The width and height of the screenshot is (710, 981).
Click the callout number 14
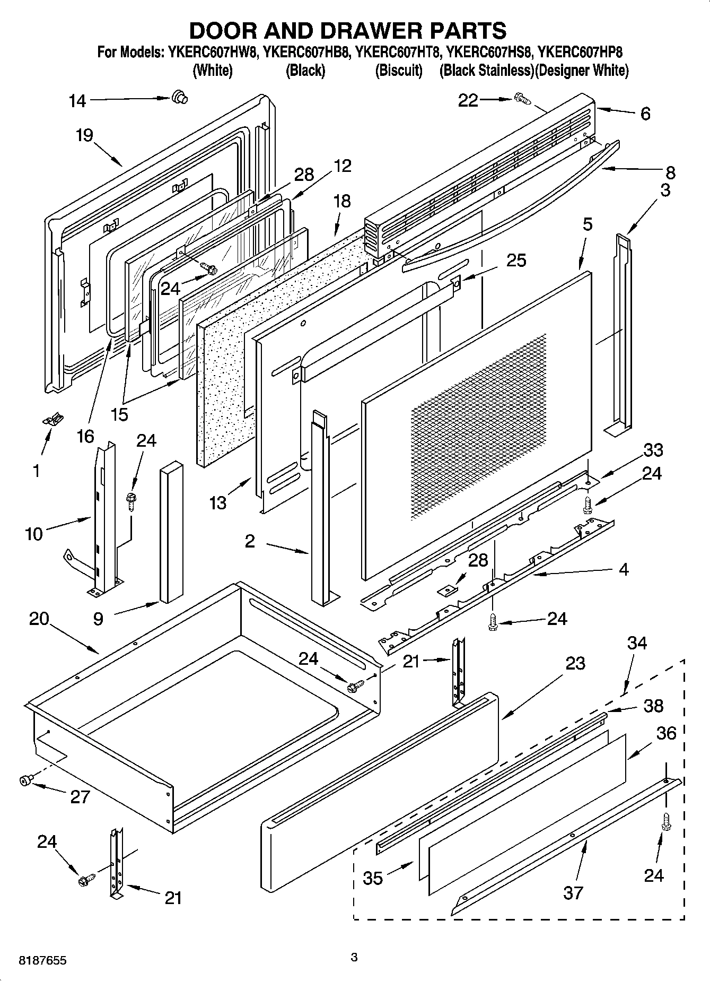[77, 100]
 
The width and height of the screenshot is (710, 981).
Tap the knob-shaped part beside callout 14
[180, 97]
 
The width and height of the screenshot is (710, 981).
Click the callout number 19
[84, 135]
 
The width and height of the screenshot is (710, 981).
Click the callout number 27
[80, 797]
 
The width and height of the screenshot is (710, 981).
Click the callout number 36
[666, 733]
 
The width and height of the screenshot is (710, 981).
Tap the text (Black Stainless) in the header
[486, 71]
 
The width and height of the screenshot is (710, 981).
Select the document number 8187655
[42, 961]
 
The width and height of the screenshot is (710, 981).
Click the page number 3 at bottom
[354, 957]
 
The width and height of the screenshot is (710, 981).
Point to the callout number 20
[39, 619]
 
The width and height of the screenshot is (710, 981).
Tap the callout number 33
[653, 450]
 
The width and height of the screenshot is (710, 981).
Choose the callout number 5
[587, 224]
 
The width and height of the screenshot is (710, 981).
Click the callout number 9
[98, 619]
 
